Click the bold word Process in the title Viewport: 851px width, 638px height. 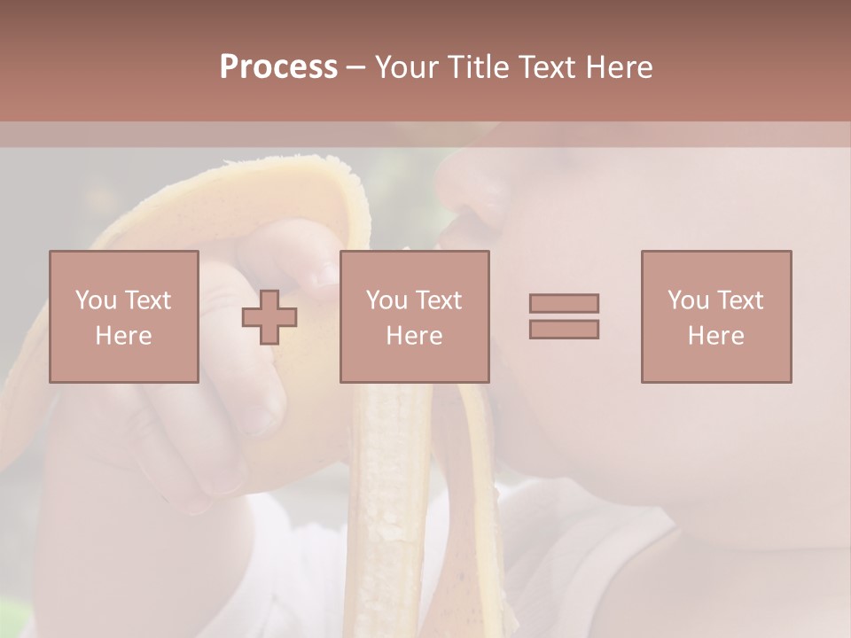278,67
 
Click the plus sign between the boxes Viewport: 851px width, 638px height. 269,317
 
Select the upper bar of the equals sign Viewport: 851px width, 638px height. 564,303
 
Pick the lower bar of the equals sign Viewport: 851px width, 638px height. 564,329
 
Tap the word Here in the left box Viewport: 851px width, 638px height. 123,335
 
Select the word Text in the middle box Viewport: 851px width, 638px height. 440,300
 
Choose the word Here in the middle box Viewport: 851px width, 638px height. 414,335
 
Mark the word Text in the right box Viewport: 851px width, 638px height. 741,300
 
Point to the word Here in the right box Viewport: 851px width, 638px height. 715,335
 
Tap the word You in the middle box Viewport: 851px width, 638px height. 387,300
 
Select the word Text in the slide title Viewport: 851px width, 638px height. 545,67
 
